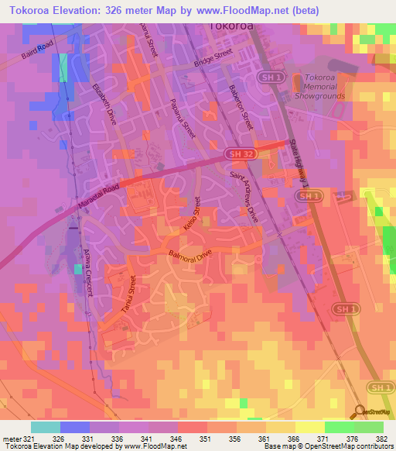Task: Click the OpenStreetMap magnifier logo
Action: click(359, 412)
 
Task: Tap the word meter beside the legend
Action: click(11, 439)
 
